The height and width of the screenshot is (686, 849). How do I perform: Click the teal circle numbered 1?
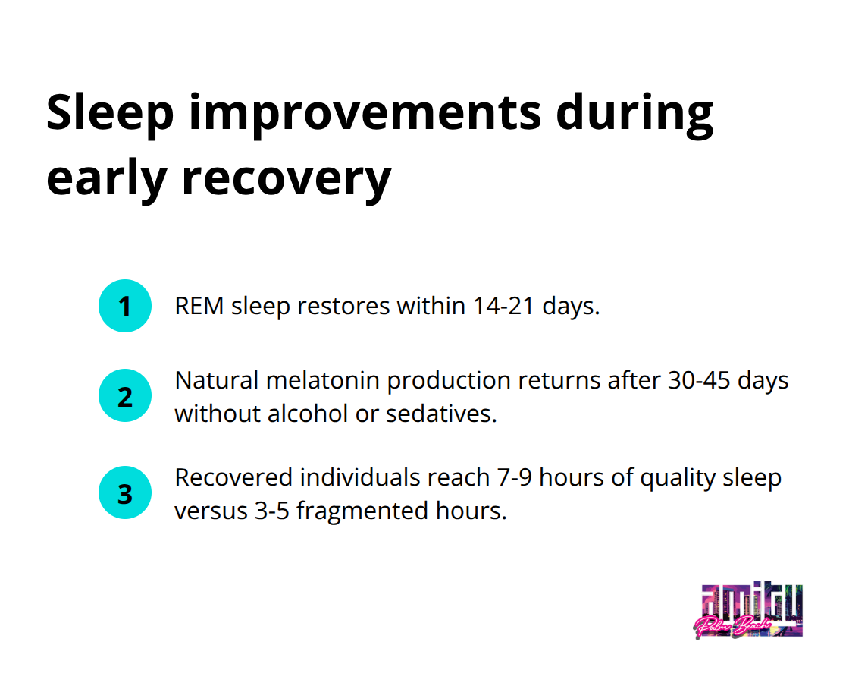[x=125, y=306]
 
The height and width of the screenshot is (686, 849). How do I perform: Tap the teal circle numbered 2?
[x=125, y=395]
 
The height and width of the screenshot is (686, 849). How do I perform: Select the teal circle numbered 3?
[x=125, y=493]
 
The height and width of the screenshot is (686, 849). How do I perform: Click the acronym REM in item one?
[x=199, y=306]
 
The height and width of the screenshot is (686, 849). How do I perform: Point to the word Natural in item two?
[x=213, y=380]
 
